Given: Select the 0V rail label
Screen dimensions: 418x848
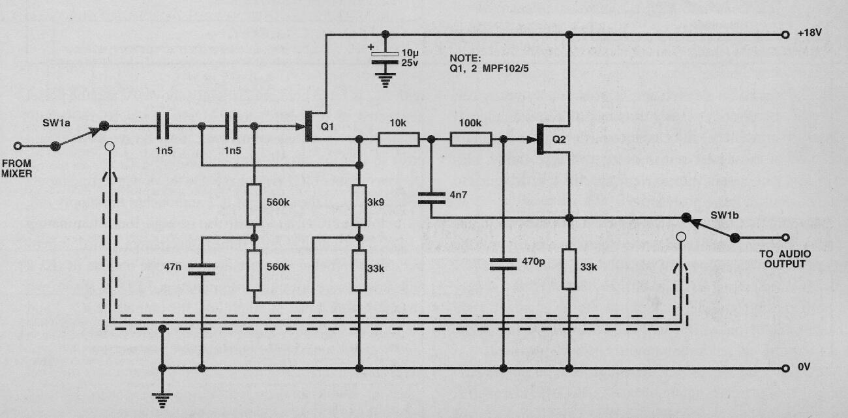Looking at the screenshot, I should (x=804, y=368).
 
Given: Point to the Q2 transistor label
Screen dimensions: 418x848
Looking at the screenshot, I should (x=559, y=139).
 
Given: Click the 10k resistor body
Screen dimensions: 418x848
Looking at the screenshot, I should (x=399, y=139).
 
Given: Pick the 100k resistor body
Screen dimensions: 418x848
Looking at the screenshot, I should (x=470, y=139).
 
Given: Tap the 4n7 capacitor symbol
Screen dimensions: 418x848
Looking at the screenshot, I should (x=431, y=196).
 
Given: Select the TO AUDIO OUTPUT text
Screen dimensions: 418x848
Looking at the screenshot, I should (x=781, y=259).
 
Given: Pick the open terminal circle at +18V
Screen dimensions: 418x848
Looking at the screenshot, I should (x=785, y=35).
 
